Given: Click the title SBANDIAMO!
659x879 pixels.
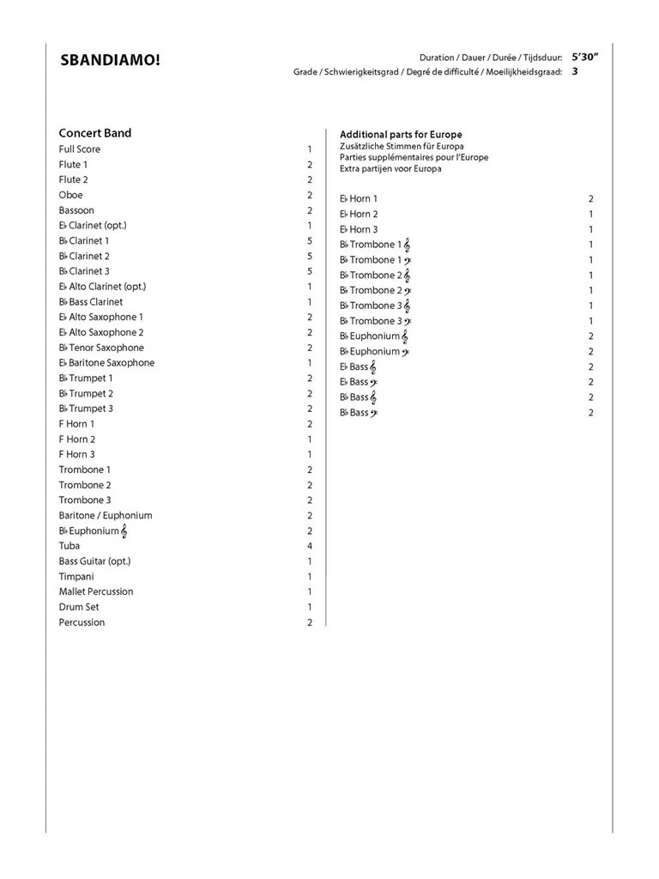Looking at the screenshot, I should [110, 61].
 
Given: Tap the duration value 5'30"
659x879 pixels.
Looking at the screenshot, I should [585, 57].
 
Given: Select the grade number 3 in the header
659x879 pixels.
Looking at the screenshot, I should [575, 71].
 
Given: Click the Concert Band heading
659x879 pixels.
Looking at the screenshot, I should [94, 133].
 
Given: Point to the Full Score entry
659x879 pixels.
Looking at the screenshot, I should [79, 149].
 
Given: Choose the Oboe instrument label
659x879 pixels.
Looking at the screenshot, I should [70, 195].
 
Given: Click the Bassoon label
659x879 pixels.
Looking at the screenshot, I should [76, 210].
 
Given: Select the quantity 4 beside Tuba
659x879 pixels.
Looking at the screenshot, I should [310, 546].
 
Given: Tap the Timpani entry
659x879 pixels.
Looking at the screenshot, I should [76, 577].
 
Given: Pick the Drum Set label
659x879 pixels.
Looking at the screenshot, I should [79, 607].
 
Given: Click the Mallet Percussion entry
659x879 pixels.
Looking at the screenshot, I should [96, 591].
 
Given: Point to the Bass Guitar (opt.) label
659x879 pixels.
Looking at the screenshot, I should [94, 561].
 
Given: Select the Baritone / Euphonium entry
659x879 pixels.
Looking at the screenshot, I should [106, 515].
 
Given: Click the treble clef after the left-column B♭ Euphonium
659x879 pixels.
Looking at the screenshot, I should [124, 531].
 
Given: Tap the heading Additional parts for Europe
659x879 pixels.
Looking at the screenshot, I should [401, 135].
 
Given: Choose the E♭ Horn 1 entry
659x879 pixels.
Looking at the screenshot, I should [359, 199].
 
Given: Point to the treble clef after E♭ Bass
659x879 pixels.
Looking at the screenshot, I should [373, 367].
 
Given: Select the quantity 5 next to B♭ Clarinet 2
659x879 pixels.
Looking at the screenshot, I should [310, 256].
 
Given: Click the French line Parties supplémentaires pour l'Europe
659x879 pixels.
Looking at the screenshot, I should [414, 158].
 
